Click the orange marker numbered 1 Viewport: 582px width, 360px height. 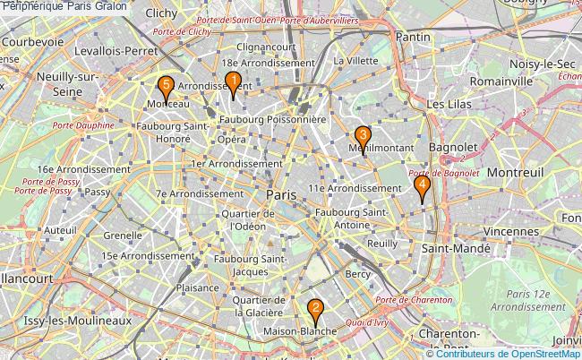[x=233, y=84]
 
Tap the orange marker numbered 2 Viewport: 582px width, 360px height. [x=315, y=311]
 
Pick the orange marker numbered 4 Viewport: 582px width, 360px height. [x=422, y=186]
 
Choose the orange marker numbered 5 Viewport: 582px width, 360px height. [x=165, y=88]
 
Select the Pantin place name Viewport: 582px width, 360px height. [x=412, y=38]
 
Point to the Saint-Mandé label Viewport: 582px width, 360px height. [x=456, y=248]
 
